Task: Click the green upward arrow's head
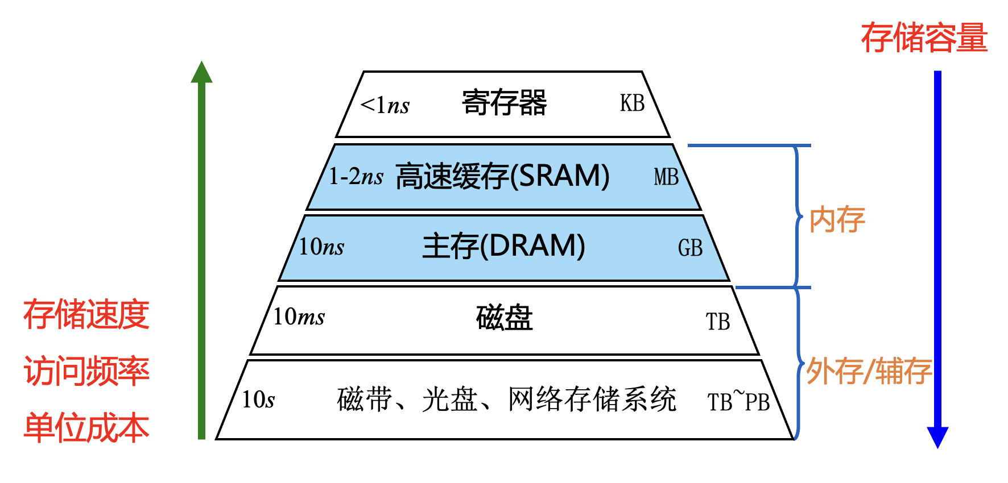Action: pyautogui.click(x=201, y=73)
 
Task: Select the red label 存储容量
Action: pyautogui.click(x=924, y=38)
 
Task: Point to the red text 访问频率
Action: pyautogui.click(x=86, y=371)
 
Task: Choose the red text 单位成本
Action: pyautogui.click(x=86, y=428)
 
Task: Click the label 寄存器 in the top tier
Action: pyautogui.click(x=504, y=103)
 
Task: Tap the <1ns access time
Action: pyautogui.click(x=385, y=105)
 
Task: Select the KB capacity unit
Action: pyautogui.click(x=632, y=103)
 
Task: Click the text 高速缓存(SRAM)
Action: pyautogui.click(x=502, y=176)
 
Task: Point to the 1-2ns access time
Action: pyautogui.click(x=356, y=177)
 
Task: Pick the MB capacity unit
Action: pyautogui.click(x=666, y=177)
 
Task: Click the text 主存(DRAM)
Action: pyautogui.click(x=503, y=246)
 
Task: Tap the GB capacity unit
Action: pyautogui.click(x=690, y=248)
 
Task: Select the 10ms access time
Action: pyautogui.click(x=299, y=317)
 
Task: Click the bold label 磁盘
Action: pyautogui.click(x=504, y=318)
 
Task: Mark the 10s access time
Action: pyautogui.click(x=258, y=399)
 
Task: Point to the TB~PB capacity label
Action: pyautogui.click(x=738, y=401)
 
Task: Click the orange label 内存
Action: pyautogui.click(x=837, y=220)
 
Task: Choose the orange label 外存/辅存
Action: pyautogui.click(x=869, y=372)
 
